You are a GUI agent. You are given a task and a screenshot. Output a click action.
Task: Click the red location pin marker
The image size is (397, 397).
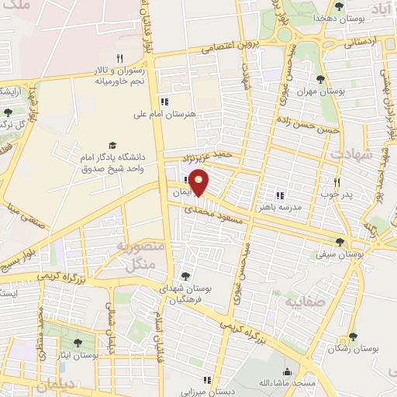coord(199,182)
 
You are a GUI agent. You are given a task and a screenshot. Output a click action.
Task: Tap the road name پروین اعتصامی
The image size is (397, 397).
coord(230,47)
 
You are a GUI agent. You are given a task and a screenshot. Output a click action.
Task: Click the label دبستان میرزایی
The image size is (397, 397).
coord(206,392)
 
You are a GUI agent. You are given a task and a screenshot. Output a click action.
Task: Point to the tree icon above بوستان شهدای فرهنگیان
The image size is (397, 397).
coord(185,275)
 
